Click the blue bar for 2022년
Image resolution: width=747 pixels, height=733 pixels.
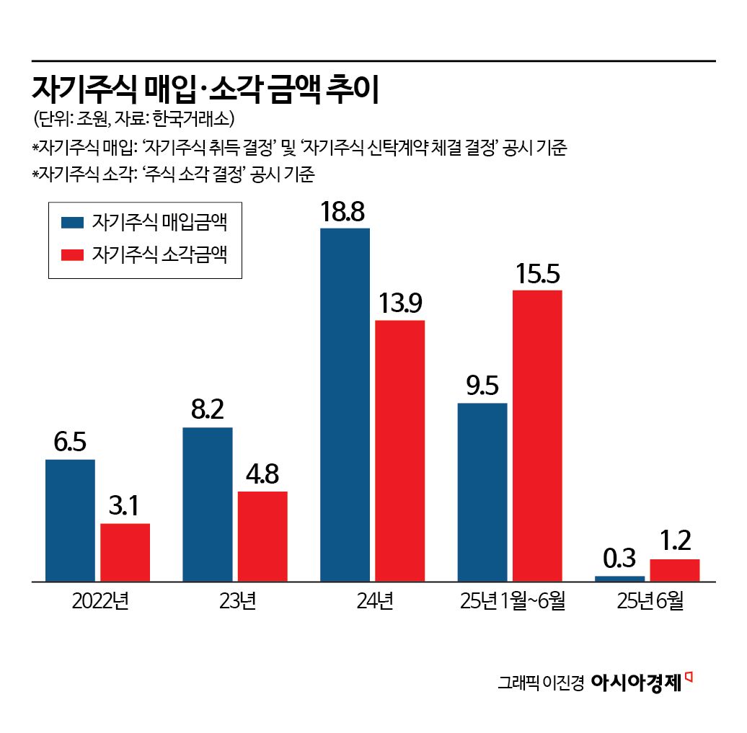[x=70, y=520]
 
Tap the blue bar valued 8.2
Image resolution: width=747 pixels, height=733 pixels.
[x=208, y=504]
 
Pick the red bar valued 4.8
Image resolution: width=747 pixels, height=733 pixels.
[x=262, y=536]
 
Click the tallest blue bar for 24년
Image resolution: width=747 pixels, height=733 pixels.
[x=345, y=404]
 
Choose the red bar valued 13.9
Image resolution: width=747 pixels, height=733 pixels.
[x=399, y=450]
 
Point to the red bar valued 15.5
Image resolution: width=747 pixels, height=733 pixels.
[x=537, y=435]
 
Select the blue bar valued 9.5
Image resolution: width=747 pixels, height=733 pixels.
[x=482, y=492]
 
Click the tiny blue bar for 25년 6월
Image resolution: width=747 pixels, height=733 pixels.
[x=620, y=578]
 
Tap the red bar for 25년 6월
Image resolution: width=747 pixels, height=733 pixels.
[x=675, y=569]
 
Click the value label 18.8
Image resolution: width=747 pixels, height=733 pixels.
[x=345, y=212]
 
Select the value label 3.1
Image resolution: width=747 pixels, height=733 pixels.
[x=125, y=507]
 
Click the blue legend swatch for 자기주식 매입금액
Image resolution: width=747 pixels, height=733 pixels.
[x=73, y=223]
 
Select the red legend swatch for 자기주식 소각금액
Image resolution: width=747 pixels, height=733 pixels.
[x=73, y=255]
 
